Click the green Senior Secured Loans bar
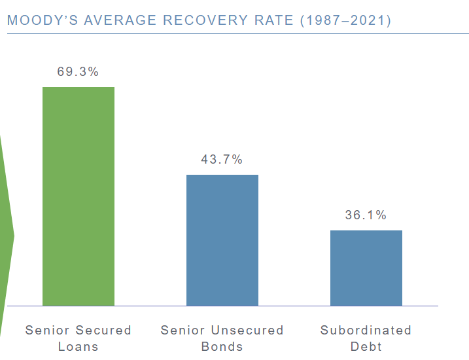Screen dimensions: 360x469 (78, 196)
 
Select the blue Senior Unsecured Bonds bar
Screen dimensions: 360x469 (222, 240)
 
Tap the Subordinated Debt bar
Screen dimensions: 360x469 (366, 268)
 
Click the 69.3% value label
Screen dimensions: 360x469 (78, 72)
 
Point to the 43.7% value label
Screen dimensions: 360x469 (222, 160)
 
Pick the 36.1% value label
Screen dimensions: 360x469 (366, 215)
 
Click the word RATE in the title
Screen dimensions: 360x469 (273, 20)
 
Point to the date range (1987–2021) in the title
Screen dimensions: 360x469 (345, 20)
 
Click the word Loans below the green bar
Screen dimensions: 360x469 (78, 346)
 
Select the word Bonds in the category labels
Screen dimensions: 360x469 (222, 346)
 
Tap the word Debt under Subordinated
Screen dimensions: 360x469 (366, 346)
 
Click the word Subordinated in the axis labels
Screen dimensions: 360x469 (366, 330)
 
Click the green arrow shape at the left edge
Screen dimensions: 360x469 (6, 236)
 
